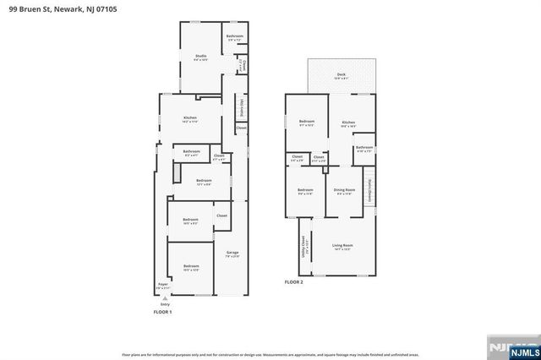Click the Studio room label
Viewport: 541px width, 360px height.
pos(201,56)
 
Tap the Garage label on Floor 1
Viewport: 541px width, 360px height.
pos(232,253)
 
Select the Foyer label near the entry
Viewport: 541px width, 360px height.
pos(162,285)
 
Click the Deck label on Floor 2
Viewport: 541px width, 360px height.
pos(341,75)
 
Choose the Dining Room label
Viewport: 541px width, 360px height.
pos(344,190)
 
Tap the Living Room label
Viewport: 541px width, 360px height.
pos(342,246)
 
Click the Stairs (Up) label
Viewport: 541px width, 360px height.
pos(242,108)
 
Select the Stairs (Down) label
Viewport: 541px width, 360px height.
pos(369,189)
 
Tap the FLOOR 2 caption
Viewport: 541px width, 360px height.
pos(293,281)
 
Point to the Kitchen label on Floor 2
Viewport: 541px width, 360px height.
pos(348,123)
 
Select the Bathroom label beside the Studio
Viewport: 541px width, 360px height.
pos(234,36)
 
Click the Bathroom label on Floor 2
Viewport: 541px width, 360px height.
pos(364,148)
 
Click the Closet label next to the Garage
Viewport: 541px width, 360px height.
pos(221,215)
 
